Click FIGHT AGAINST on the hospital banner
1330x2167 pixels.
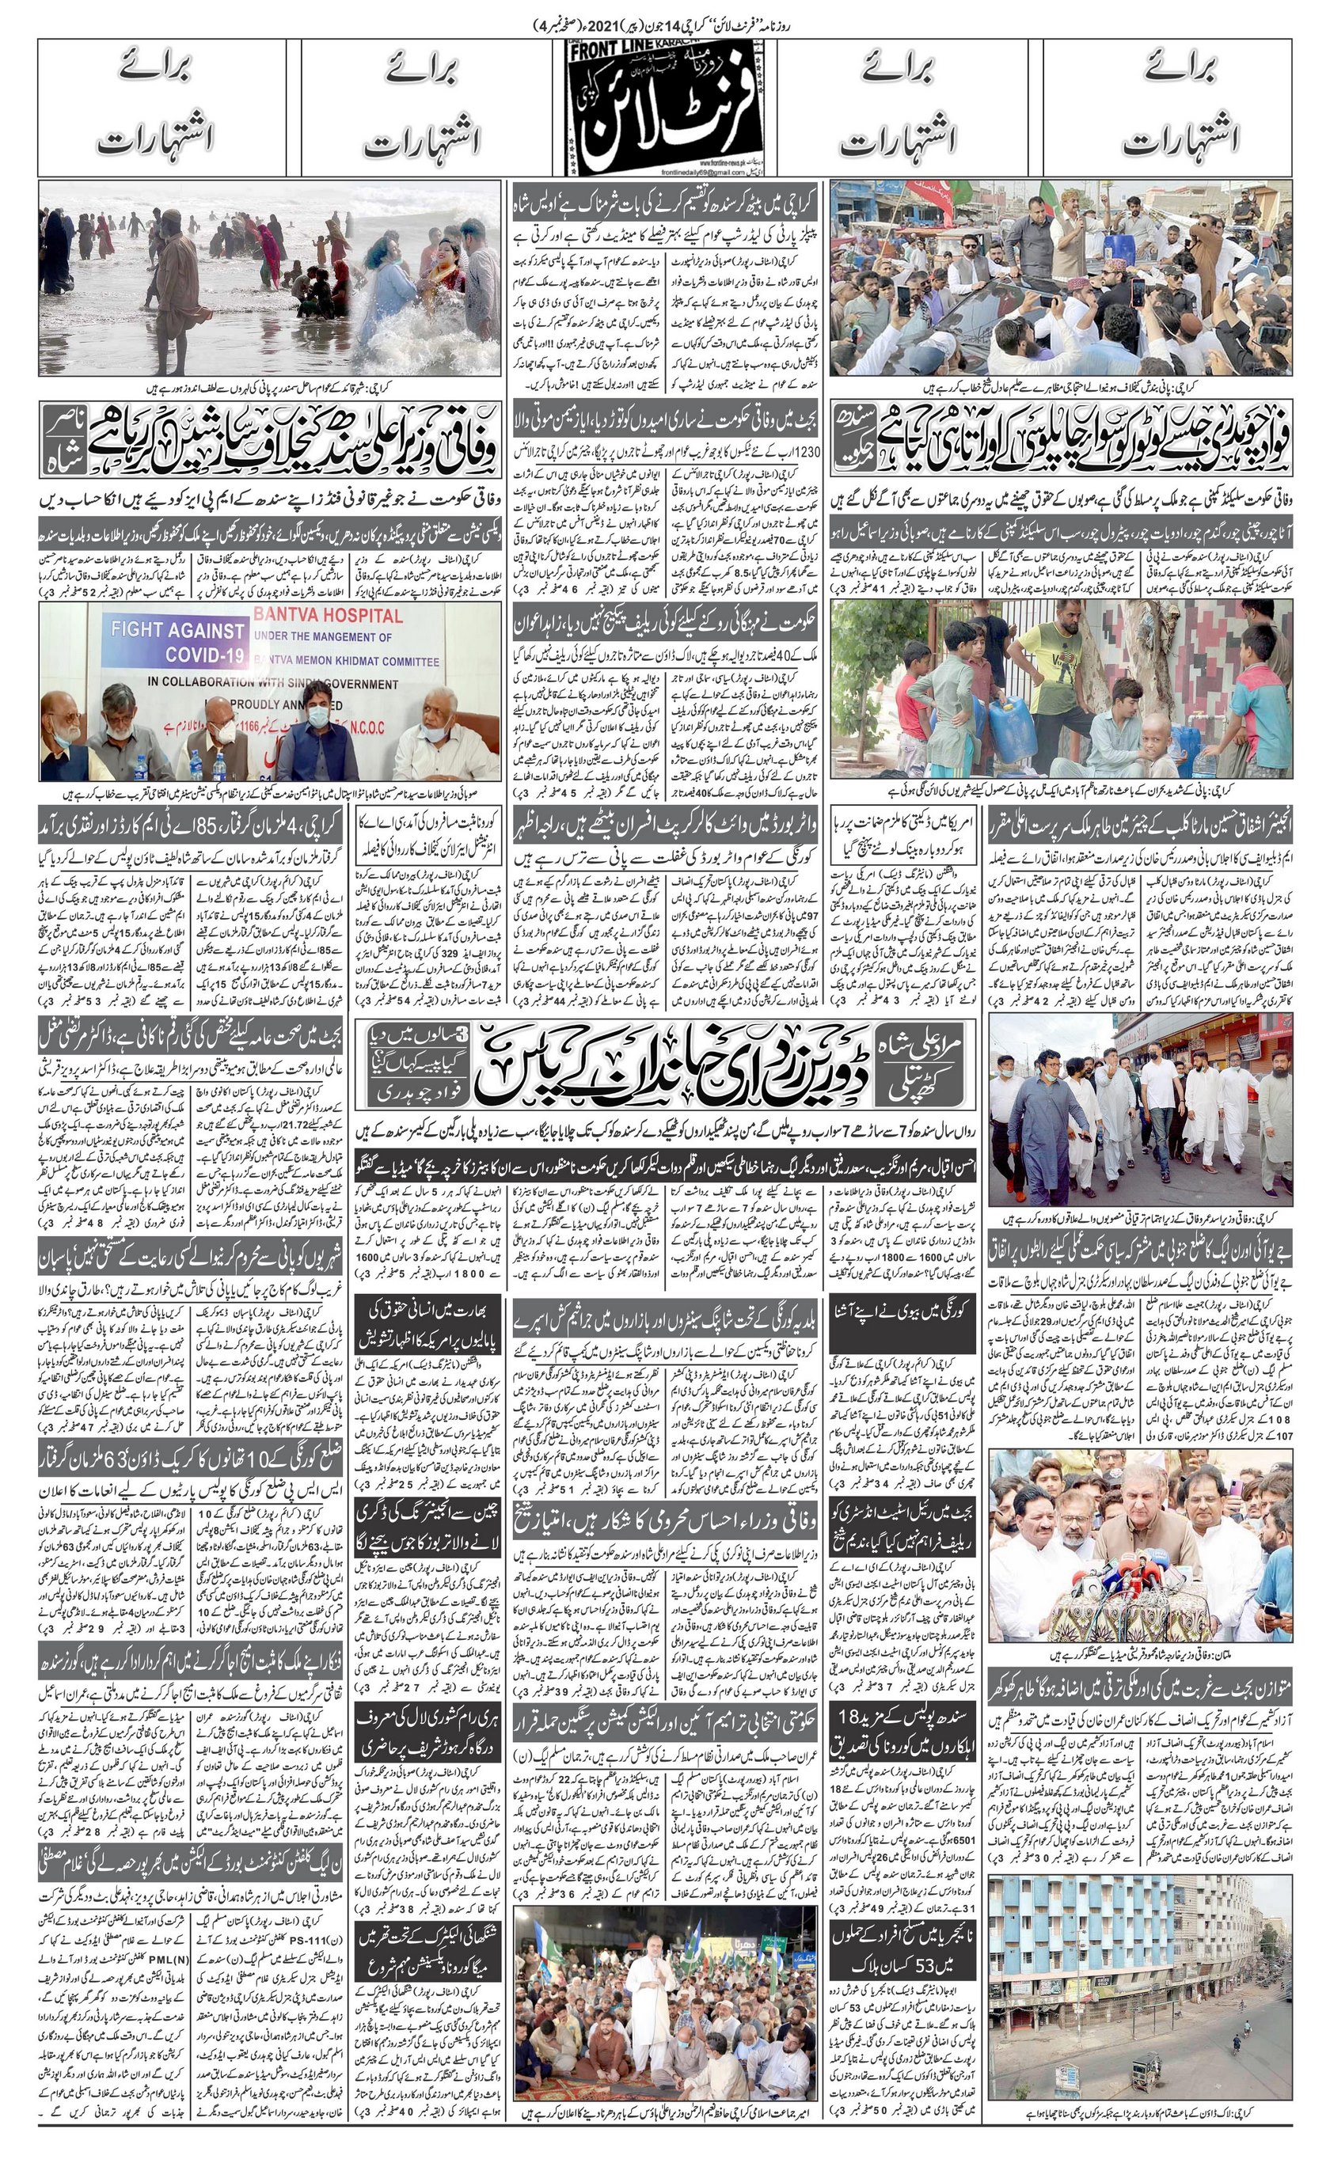[176, 631]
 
